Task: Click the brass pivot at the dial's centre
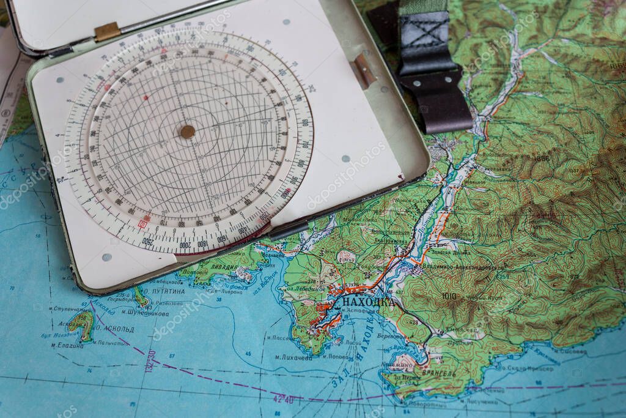coord(188,132)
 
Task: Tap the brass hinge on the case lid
coord(107,31)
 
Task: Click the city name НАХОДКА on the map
coord(365,301)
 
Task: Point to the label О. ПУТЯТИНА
coord(161,291)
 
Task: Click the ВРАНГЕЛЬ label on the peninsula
coord(437,373)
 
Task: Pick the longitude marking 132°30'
coord(149,361)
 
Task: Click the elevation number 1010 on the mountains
coord(449,296)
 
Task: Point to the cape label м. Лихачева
coord(293,357)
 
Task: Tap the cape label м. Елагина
coord(67,345)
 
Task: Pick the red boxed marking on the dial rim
coord(144,223)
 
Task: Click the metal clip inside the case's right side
coord(364,71)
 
